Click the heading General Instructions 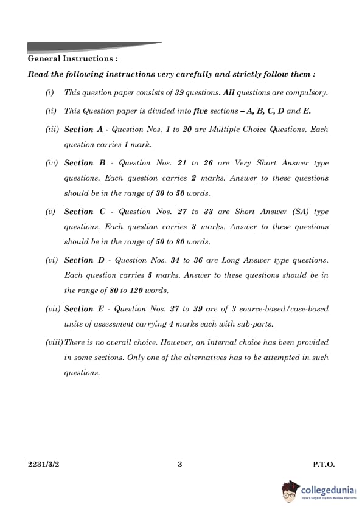pyautogui.click(x=72, y=59)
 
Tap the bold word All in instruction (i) pyautogui.click(x=229, y=93)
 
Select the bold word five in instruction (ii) pyautogui.click(x=201, y=111)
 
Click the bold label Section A pyautogui.click(x=79, y=130)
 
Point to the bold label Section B pyautogui.click(x=79, y=163)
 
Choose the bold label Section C pyautogui.click(x=79, y=212)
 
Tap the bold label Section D pyautogui.click(x=79, y=260)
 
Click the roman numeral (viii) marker pyautogui.click(x=54, y=342)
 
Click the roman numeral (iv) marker pyautogui.click(x=52, y=163)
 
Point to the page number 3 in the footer pyautogui.click(x=180, y=465)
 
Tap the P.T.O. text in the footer pyautogui.click(x=324, y=465)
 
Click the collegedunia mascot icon pyautogui.click(x=291, y=491)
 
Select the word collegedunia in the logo pyautogui.click(x=327, y=489)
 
